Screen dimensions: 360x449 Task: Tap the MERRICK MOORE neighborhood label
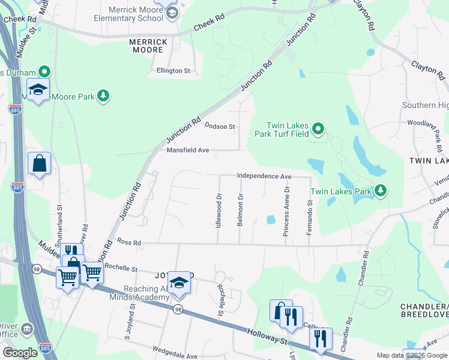click(x=148, y=46)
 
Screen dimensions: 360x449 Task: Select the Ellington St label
click(x=173, y=71)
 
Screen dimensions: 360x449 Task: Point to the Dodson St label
click(x=219, y=127)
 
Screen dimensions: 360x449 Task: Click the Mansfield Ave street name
click(x=187, y=150)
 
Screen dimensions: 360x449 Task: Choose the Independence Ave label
click(x=264, y=176)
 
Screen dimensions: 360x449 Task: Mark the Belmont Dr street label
click(x=240, y=209)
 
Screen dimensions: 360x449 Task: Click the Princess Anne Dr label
click(x=287, y=210)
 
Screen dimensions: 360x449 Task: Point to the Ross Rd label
click(x=129, y=242)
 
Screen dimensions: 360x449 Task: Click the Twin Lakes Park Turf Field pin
click(x=318, y=129)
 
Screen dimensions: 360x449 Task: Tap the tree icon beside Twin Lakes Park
click(x=380, y=191)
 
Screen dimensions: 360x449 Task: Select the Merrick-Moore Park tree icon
click(x=104, y=96)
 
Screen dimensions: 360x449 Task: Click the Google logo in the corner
click(x=20, y=353)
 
